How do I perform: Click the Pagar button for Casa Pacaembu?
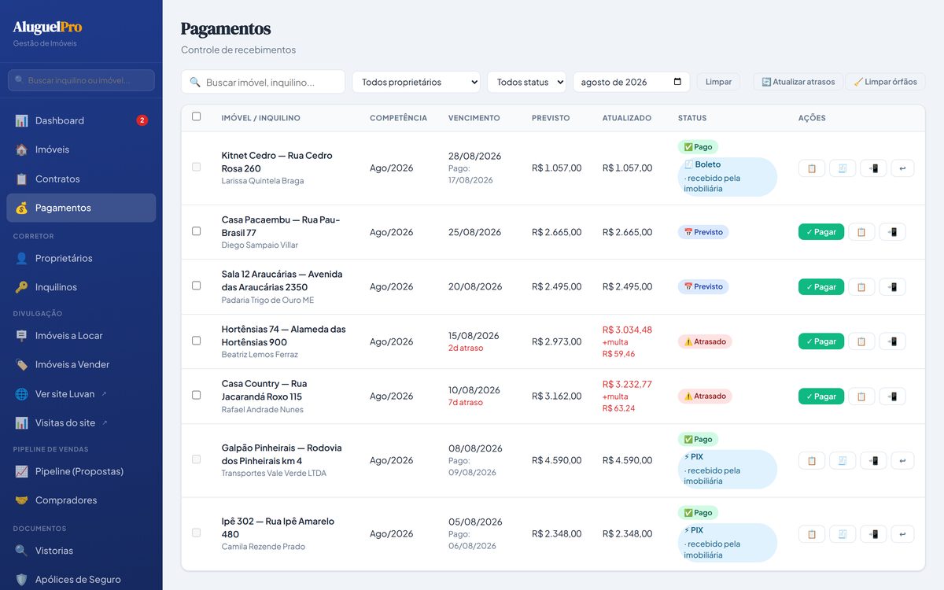point(821,232)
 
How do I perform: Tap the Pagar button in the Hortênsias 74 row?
point(821,341)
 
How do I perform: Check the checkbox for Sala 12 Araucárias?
point(197,286)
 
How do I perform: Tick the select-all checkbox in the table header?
point(197,116)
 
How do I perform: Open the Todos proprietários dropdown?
point(416,82)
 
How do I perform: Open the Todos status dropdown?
point(527,82)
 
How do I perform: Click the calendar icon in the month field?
point(677,81)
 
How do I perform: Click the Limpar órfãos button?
point(886,82)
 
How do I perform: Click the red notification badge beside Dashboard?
point(142,120)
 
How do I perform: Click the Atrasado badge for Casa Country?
point(705,396)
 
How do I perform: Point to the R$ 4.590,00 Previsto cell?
point(556,460)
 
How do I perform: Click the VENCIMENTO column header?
point(474,118)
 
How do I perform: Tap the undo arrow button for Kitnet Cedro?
point(902,168)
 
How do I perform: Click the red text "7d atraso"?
point(465,403)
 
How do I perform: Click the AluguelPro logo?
point(47,27)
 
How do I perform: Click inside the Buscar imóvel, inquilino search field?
point(263,82)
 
